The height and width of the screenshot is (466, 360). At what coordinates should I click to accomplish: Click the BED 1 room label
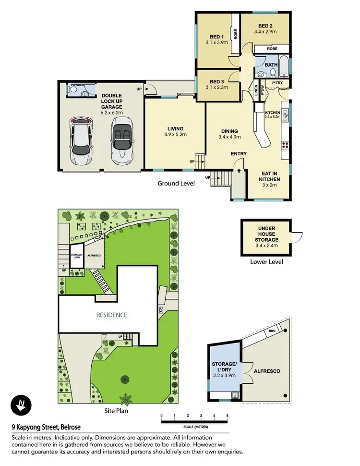(217, 37)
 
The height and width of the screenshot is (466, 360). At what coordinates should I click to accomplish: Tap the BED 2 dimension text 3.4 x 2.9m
(264, 32)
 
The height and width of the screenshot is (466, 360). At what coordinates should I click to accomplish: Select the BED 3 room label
(217, 81)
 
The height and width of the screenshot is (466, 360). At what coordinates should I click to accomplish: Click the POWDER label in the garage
(77, 85)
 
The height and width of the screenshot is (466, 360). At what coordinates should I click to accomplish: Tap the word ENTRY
(239, 154)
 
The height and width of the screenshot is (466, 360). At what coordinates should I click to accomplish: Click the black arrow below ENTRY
(239, 170)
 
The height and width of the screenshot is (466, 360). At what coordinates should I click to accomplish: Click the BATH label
(271, 64)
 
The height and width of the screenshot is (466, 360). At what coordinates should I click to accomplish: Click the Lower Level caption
(266, 262)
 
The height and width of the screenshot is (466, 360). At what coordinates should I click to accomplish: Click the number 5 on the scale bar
(227, 415)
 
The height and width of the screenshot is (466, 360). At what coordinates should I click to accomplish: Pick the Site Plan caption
(117, 411)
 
